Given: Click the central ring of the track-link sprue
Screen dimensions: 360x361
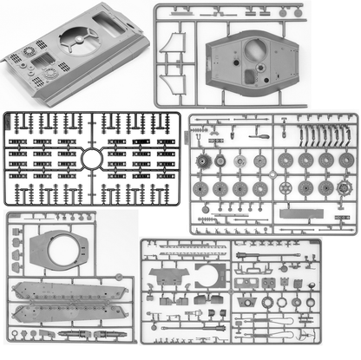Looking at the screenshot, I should point(92,159).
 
